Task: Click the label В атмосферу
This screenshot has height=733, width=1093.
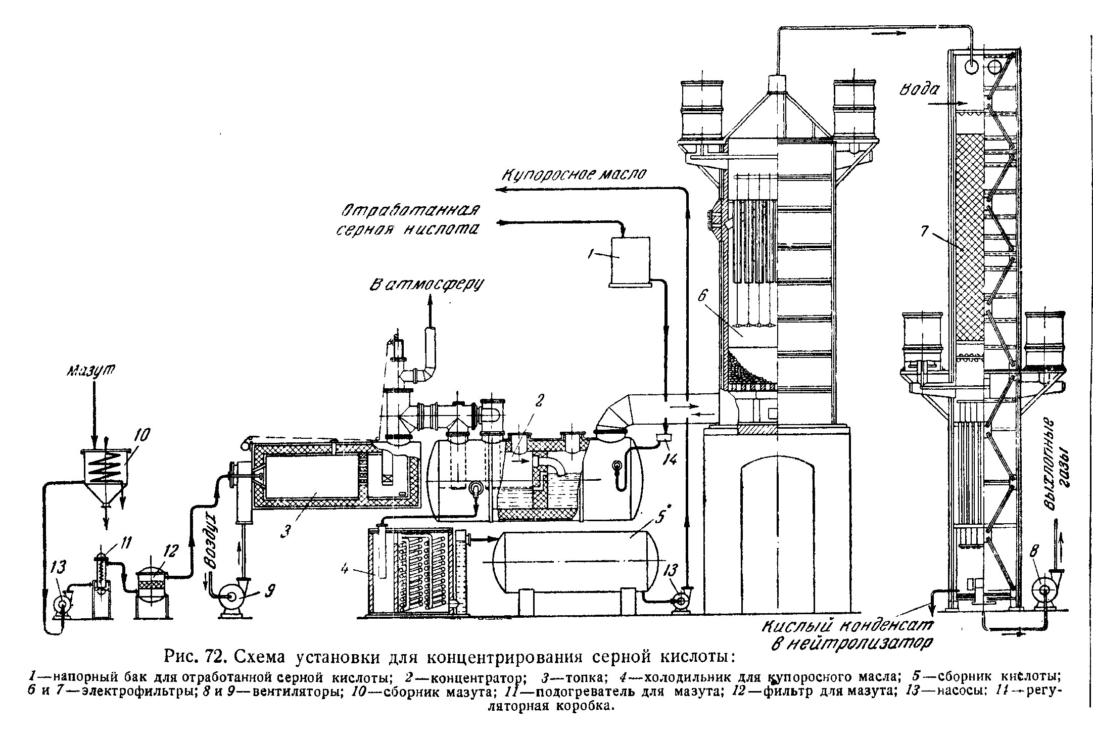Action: [x=426, y=285]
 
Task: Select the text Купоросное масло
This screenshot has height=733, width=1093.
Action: [x=574, y=174]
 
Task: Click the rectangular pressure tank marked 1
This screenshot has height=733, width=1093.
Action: [x=631, y=261]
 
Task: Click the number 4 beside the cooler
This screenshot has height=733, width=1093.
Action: [x=345, y=569]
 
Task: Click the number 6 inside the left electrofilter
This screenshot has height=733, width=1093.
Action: [x=702, y=296]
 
